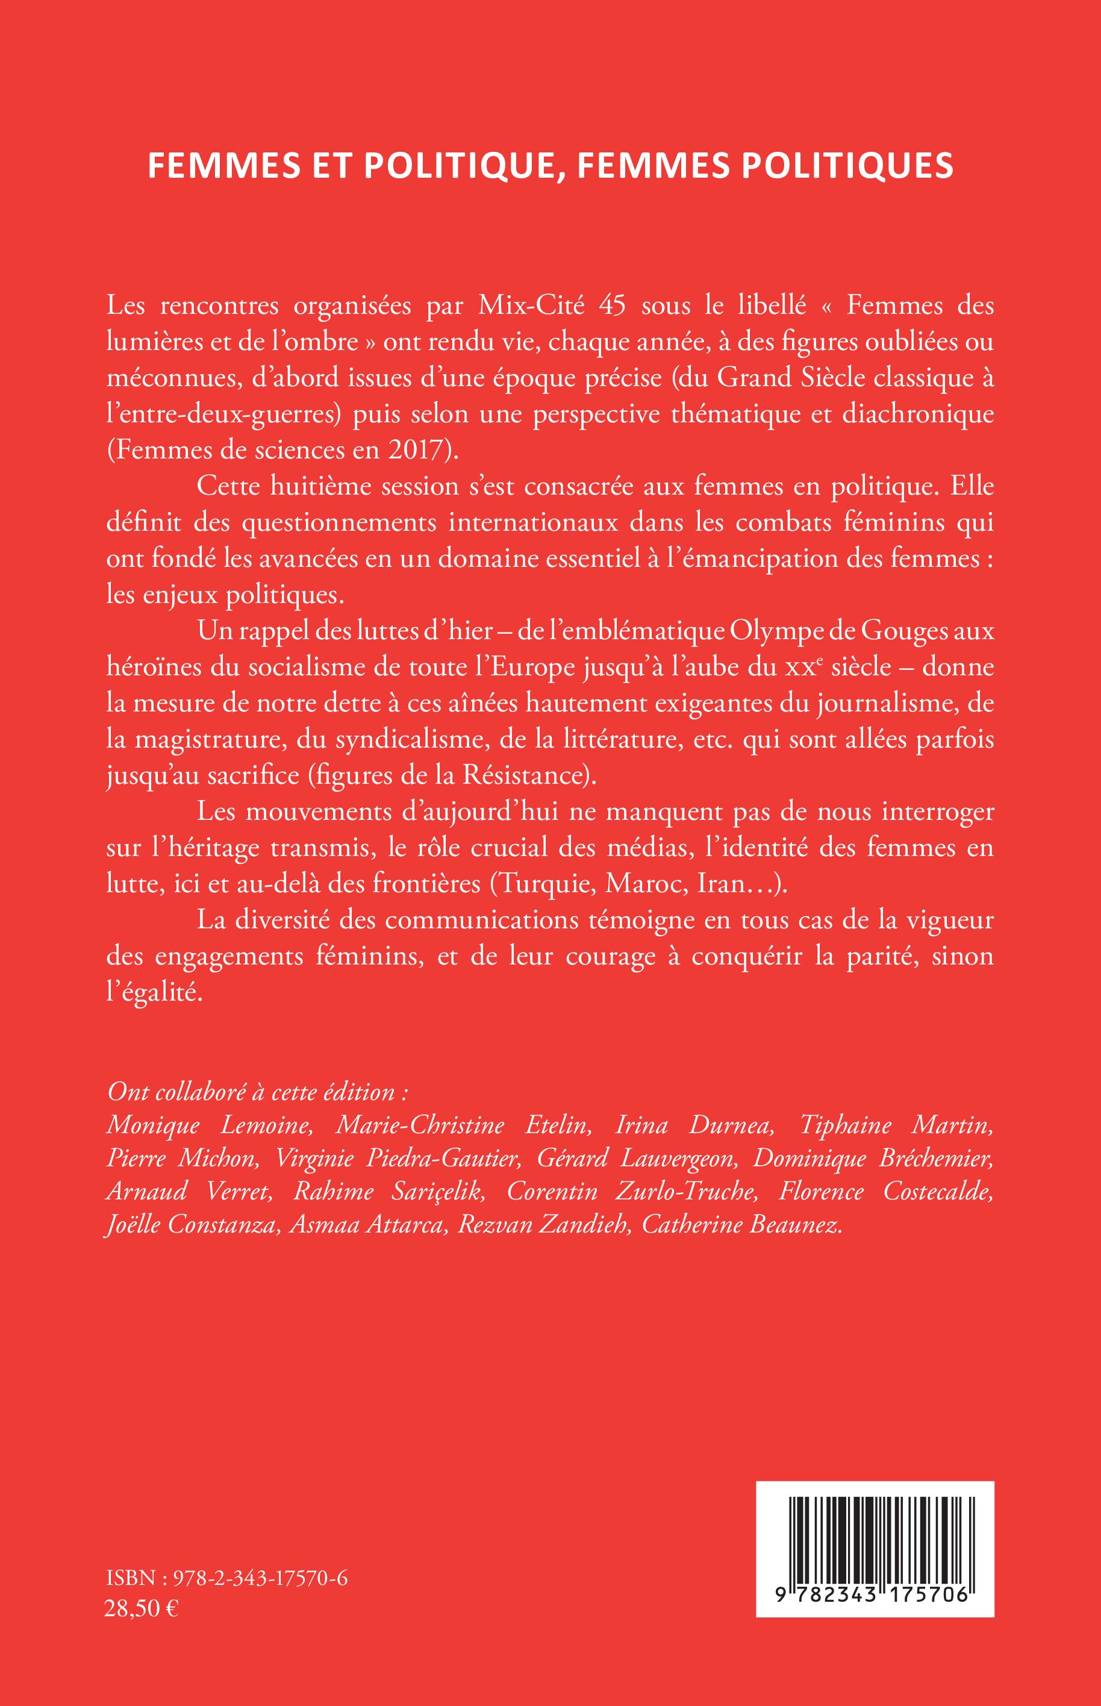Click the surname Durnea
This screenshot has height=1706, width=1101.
click(x=730, y=1125)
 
